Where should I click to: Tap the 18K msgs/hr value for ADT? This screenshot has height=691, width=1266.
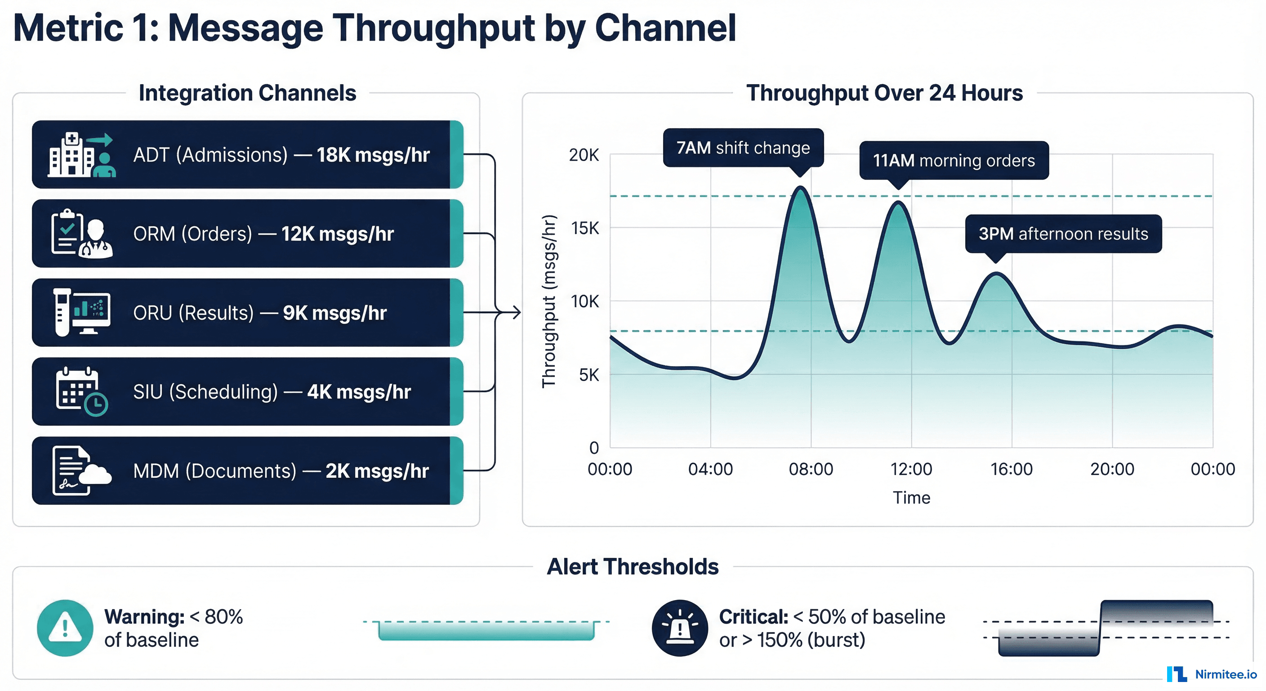[x=373, y=155]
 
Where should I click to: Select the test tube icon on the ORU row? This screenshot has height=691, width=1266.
[x=62, y=312]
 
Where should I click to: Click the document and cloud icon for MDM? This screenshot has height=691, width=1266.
[x=80, y=471]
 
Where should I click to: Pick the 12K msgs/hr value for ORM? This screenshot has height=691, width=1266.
[x=337, y=234]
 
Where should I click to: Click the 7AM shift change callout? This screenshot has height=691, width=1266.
[x=743, y=148]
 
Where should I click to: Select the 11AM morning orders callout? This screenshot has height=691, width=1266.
[x=954, y=160]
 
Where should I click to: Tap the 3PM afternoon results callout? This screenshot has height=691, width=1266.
[x=1063, y=233]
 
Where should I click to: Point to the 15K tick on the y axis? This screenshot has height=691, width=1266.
[x=585, y=228]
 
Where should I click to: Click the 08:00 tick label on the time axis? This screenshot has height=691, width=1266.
[x=811, y=469]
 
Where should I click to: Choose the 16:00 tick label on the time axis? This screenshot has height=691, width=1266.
[x=1012, y=469]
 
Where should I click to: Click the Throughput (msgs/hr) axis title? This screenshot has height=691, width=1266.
[x=549, y=301]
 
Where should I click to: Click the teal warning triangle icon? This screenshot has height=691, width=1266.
[x=65, y=628]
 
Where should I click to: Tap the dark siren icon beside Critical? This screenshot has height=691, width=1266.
[x=680, y=628]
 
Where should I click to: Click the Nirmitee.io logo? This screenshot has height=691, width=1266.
[x=1212, y=674]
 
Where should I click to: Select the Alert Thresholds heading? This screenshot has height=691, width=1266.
[x=633, y=566]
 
